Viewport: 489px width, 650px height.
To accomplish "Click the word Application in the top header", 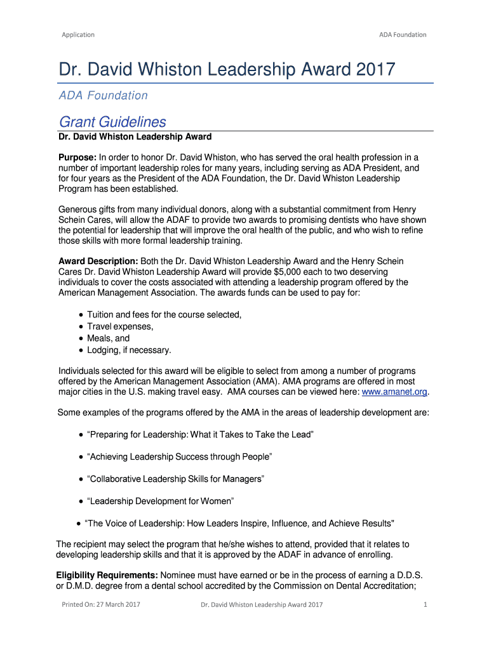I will (78, 34).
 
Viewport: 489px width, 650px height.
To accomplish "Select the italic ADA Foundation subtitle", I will (104, 95).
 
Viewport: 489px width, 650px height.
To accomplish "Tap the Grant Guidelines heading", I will (112, 121).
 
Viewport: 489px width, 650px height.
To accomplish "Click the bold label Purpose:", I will (77, 157).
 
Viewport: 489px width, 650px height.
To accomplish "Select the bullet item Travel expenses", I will (120, 326).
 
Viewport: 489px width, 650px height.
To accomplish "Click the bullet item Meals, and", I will (108, 338).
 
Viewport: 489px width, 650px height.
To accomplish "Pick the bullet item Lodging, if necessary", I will (129, 350).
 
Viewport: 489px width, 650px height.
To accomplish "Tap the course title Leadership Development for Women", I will (161, 501).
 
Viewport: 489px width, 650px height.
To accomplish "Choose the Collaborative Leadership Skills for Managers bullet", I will (175, 479).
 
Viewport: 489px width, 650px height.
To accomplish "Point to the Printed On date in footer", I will (100, 604).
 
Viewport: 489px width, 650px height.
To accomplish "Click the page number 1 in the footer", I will (425, 604).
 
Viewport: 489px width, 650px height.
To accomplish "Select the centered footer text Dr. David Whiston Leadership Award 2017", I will (262, 604).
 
